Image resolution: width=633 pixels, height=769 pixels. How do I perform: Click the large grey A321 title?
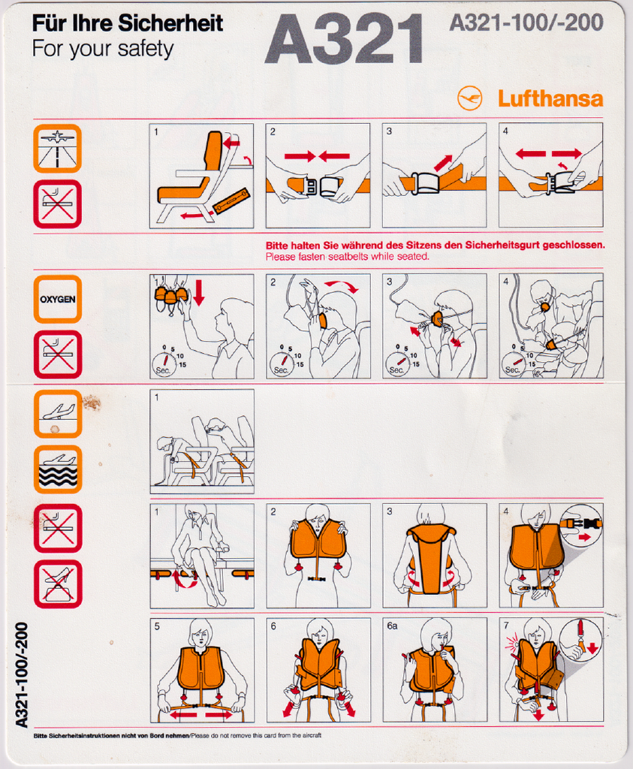coord(344,39)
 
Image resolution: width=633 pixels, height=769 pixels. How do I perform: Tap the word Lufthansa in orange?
coord(550,98)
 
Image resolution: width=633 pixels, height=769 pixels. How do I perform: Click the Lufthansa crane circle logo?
coord(470,98)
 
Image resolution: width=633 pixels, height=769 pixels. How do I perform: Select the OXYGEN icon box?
coord(57,299)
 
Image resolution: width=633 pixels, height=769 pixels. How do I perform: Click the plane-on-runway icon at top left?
coord(57,149)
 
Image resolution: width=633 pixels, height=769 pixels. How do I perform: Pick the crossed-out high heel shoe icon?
coord(58,584)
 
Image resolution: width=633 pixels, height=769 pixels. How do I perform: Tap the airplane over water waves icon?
coord(58,469)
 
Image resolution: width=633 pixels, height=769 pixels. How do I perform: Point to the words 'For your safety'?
coord(103,49)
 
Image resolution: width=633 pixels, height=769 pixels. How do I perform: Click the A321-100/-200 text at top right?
coord(526,23)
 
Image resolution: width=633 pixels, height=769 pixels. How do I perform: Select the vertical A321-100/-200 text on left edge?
coord(22,675)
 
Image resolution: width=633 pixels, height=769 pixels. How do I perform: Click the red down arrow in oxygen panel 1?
coord(198,292)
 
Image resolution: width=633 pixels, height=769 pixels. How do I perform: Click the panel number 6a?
coord(392,626)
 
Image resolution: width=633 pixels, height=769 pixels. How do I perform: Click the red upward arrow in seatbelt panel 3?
coord(443,163)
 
